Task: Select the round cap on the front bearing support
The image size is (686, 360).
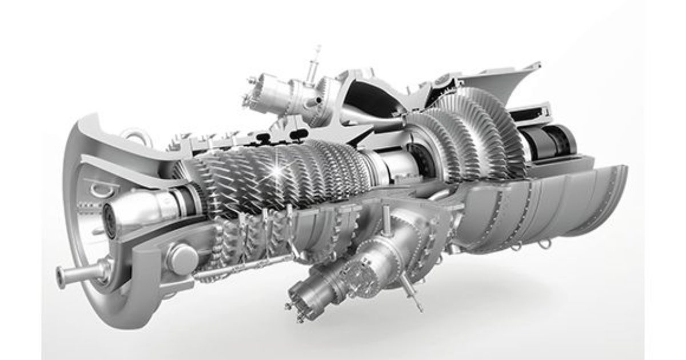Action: coord(182,258)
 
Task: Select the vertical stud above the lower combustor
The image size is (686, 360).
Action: coord(387,220)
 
